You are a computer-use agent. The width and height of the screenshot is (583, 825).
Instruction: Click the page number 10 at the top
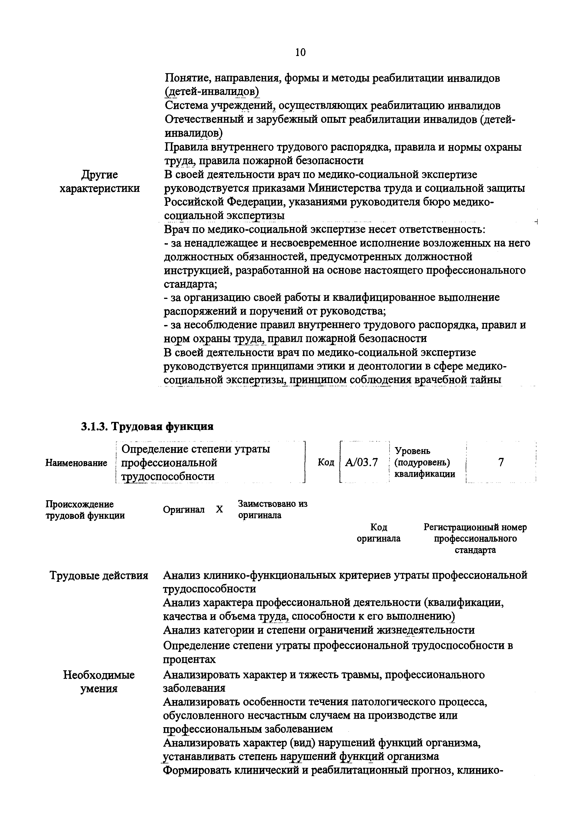pos(300,52)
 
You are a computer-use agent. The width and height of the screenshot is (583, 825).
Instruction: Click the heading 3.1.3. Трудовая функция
pos(147,426)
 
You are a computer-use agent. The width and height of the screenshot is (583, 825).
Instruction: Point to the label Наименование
pos(76,463)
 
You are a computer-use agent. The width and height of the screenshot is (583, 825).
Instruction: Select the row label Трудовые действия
pos(98,575)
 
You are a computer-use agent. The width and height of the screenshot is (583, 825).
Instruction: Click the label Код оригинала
pos(379,533)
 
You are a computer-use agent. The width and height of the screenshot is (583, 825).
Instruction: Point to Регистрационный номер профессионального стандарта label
pos(475,539)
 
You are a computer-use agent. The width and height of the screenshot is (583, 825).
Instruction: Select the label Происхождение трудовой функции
pos(85,510)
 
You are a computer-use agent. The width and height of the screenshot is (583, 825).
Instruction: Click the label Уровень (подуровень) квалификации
pos(425,462)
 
